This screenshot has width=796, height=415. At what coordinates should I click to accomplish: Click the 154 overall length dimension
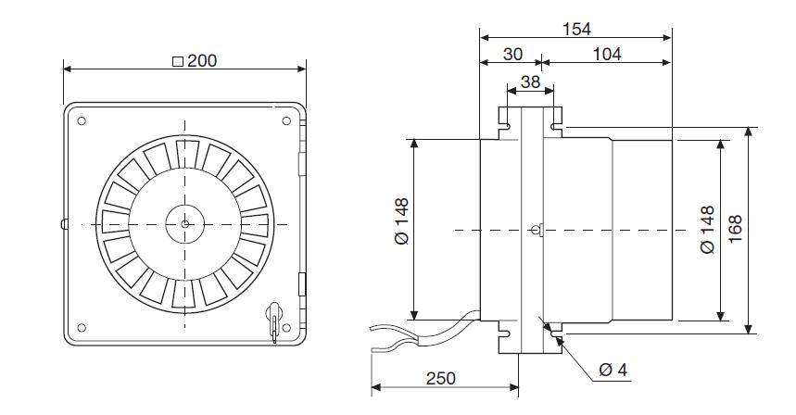576,31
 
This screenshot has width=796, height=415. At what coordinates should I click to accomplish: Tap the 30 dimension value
512,55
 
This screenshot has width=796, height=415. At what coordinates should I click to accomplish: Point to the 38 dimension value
531,82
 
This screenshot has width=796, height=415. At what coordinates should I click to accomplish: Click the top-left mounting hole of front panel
82,121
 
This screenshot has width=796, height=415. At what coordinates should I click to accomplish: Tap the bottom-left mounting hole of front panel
82,326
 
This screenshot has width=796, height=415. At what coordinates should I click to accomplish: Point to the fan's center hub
184,223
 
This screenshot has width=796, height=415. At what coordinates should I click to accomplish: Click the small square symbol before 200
178,62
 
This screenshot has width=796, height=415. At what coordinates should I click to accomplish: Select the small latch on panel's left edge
62,223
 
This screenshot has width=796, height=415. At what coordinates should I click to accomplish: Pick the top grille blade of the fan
184,150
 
